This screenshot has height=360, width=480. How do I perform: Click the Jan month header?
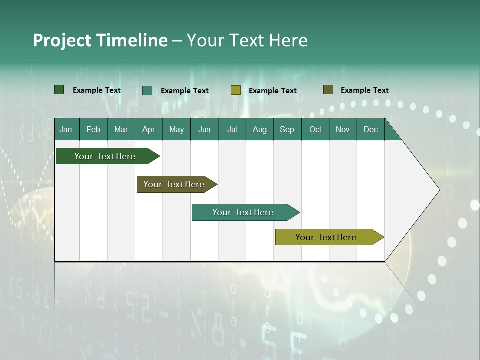pyautogui.click(x=66, y=129)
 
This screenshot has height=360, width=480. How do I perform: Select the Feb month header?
pyautogui.click(x=93, y=129)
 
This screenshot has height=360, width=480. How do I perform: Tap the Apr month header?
pyautogui.click(x=148, y=129)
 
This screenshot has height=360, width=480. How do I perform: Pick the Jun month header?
pyautogui.click(x=204, y=129)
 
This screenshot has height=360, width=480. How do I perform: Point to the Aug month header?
pyautogui.click(x=259, y=129)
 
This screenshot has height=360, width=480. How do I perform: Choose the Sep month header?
pyautogui.click(x=287, y=129)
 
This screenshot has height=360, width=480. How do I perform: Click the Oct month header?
pyautogui.click(x=315, y=129)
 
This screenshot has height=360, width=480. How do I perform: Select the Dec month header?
pyautogui.click(x=370, y=129)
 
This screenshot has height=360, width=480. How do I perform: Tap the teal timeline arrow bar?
pyautogui.click(x=243, y=212)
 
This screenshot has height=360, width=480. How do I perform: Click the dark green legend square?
pyautogui.click(x=59, y=90)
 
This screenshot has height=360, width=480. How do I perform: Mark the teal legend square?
pyautogui.click(x=147, y=90)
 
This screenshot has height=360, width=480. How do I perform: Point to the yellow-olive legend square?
pyautogui.click(x=236, y=90)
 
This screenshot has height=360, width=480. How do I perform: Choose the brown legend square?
pyautogui.click(x=328, y=90)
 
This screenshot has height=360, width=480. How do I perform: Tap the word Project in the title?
pyautogui.click(x=62, y=40)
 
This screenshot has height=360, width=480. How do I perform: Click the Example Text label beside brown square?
pyautogui.click(x=364, y=90)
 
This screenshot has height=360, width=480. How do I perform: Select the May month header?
pyautogui.click(x=176, y=129)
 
